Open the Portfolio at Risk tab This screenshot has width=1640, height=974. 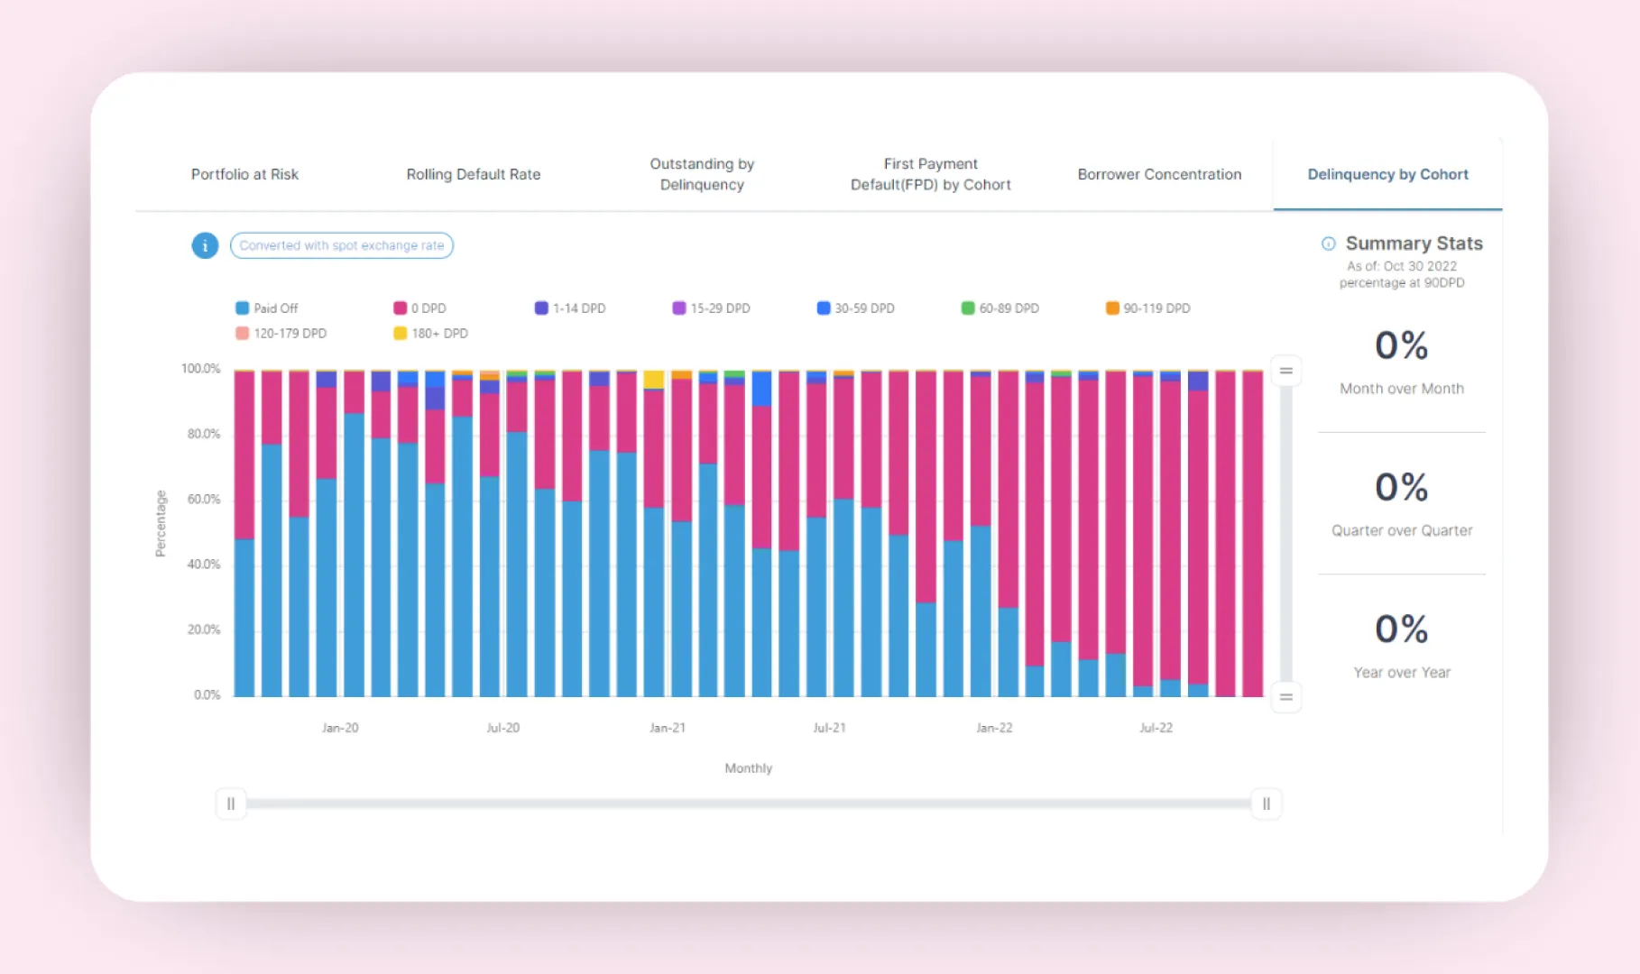click(x=244, y=174)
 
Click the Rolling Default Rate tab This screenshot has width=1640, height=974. click(x=473, y=174)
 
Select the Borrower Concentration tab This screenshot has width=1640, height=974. click(x=1159, y=174)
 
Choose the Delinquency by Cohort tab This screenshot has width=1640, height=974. click(x=1387, y=174)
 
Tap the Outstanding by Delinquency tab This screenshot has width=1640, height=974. click(x=702, y=174)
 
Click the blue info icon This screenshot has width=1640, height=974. click(x=205, y=245)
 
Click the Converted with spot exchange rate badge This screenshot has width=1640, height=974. click(x=342, y=245)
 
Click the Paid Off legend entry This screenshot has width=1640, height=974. click(x=267, y=308)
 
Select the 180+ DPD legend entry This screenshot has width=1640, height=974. click(x=431, y=334)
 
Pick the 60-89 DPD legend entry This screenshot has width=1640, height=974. click(x=1000, y=308)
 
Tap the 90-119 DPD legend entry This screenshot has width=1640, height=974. click(x=1148, y=308)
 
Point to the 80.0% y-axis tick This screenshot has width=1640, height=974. click(x=204, y=434)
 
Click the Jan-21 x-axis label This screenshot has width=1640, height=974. click(x=668, y=728)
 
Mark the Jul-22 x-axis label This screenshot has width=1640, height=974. click(x=1156, y=728)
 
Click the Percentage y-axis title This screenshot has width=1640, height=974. click(x=161, y=523)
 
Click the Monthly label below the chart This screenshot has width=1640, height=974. click(x=748, y=768)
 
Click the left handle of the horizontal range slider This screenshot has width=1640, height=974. click(x=231, y=804)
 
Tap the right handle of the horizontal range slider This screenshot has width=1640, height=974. click(x=1266, y=804)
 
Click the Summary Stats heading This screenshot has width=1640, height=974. click(x=1414, y=243)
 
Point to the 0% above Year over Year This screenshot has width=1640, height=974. click(x=1401, y=629)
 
